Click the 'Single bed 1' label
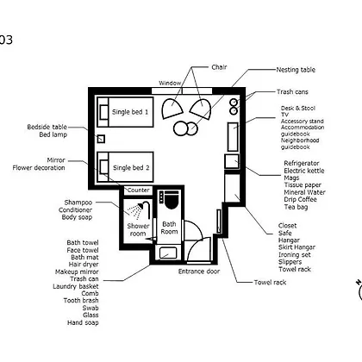[130, 112]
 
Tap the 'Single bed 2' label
[131, 168]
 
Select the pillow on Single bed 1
[103, 112]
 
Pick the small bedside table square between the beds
[101, 139]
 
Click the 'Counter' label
[139, 190]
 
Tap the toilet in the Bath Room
[172, 199]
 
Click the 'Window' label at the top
[170, 83]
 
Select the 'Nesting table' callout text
[296, 70]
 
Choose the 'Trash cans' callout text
[292, 92]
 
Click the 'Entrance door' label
[199, 271]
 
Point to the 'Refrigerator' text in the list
[302, 163]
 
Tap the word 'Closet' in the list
[287, 226]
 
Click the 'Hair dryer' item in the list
[84, 265]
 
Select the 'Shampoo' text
[78, 203]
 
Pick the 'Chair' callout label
[219, 67]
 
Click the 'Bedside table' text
[47, 127]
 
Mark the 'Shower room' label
[138, 230]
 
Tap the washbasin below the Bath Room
[168, 253]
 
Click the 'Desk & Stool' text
[298, 109]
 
